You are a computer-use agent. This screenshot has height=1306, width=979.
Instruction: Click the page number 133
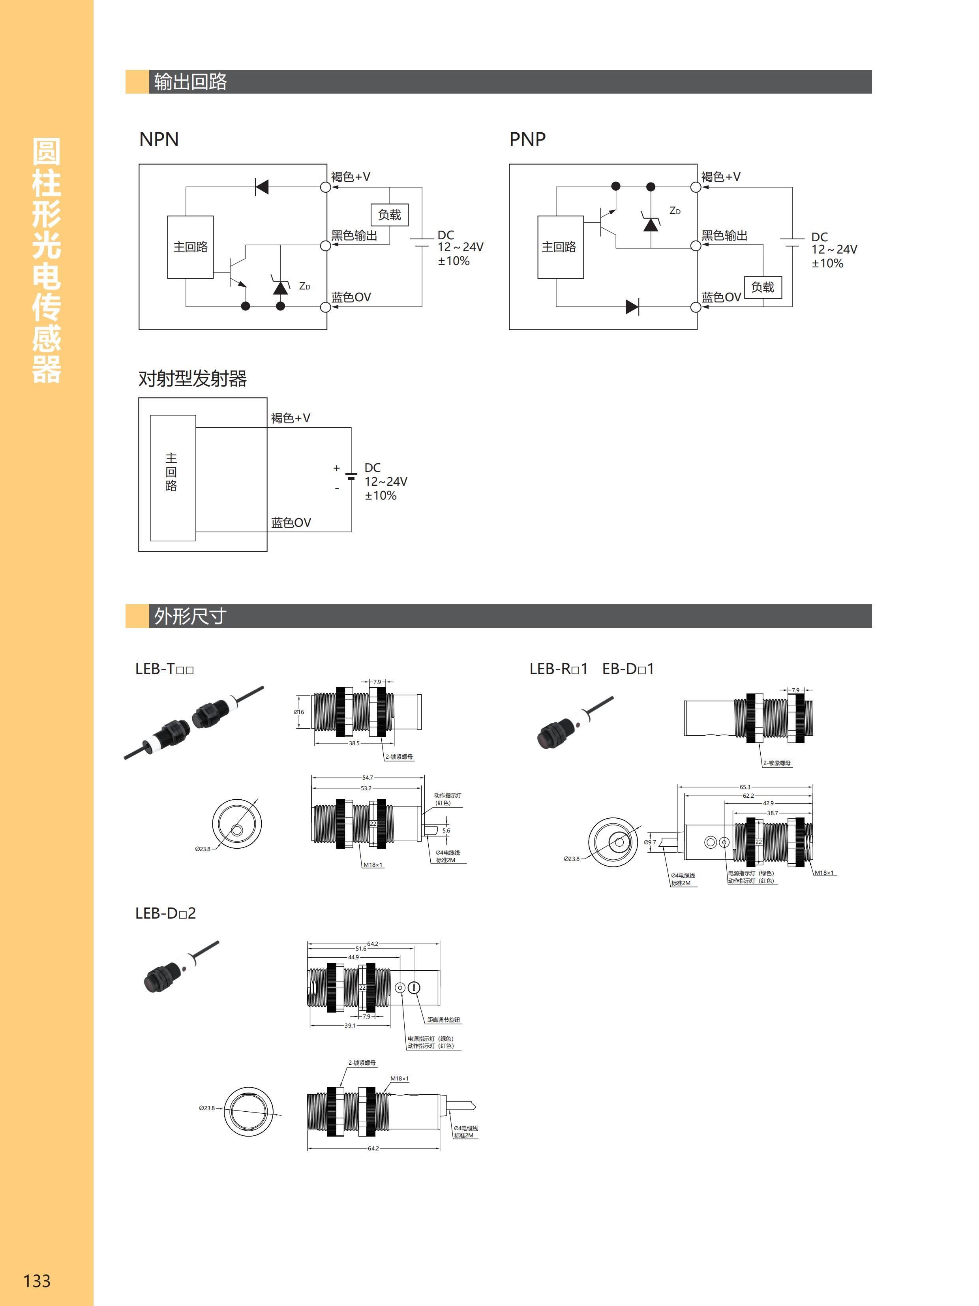tap(37, 1280)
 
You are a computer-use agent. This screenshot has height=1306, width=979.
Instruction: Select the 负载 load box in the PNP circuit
tap(762, 288)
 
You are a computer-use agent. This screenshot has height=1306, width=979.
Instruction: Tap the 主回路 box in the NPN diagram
tap(190, 247)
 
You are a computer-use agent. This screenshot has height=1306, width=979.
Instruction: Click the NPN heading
tap(159, 139)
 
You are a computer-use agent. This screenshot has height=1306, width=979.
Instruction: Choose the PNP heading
tap(527, 139)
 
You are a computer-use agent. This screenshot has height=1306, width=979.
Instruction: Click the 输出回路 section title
tap(190, 81)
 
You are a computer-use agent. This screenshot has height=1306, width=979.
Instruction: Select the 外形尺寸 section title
tap(190, 616)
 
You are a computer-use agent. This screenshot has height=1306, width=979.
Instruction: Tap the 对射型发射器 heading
tap(192, 378)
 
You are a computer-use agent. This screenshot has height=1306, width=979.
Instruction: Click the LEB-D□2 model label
tap(165, 913)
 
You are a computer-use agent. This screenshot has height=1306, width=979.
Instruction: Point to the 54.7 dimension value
tap(367, 778)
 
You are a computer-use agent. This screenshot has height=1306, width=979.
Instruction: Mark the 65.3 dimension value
tap(745, 786)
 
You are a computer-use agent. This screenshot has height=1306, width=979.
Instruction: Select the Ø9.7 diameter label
tap(650, 842)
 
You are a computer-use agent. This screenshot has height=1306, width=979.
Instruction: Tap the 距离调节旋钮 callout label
tap(443, 1020)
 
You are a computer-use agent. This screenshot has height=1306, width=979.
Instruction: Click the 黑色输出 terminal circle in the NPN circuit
tap(325, 246)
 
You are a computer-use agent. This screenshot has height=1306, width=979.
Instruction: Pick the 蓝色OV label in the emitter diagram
tap(291, 522)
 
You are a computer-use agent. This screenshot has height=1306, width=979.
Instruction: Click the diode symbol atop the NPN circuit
tap(261, 187)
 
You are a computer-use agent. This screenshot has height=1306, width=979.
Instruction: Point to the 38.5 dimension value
tap(354, 743)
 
